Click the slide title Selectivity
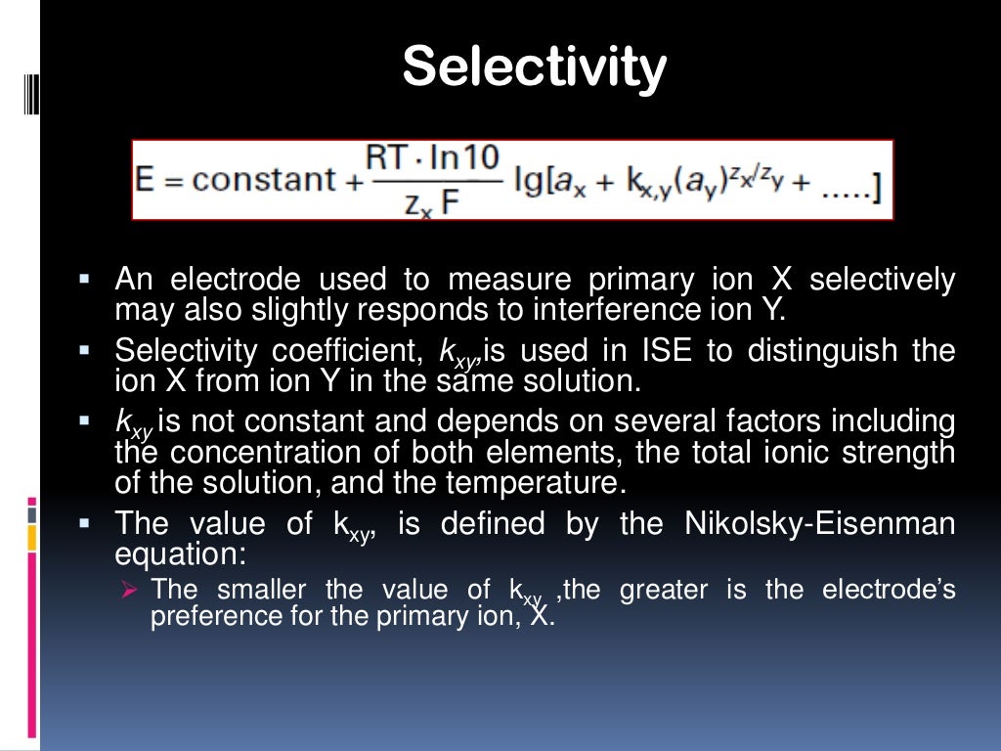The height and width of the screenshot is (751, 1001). (534, 67)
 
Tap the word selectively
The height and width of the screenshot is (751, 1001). (882, 281)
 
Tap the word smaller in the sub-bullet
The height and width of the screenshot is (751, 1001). (260, 590)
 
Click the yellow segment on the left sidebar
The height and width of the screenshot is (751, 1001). (32, 537)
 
